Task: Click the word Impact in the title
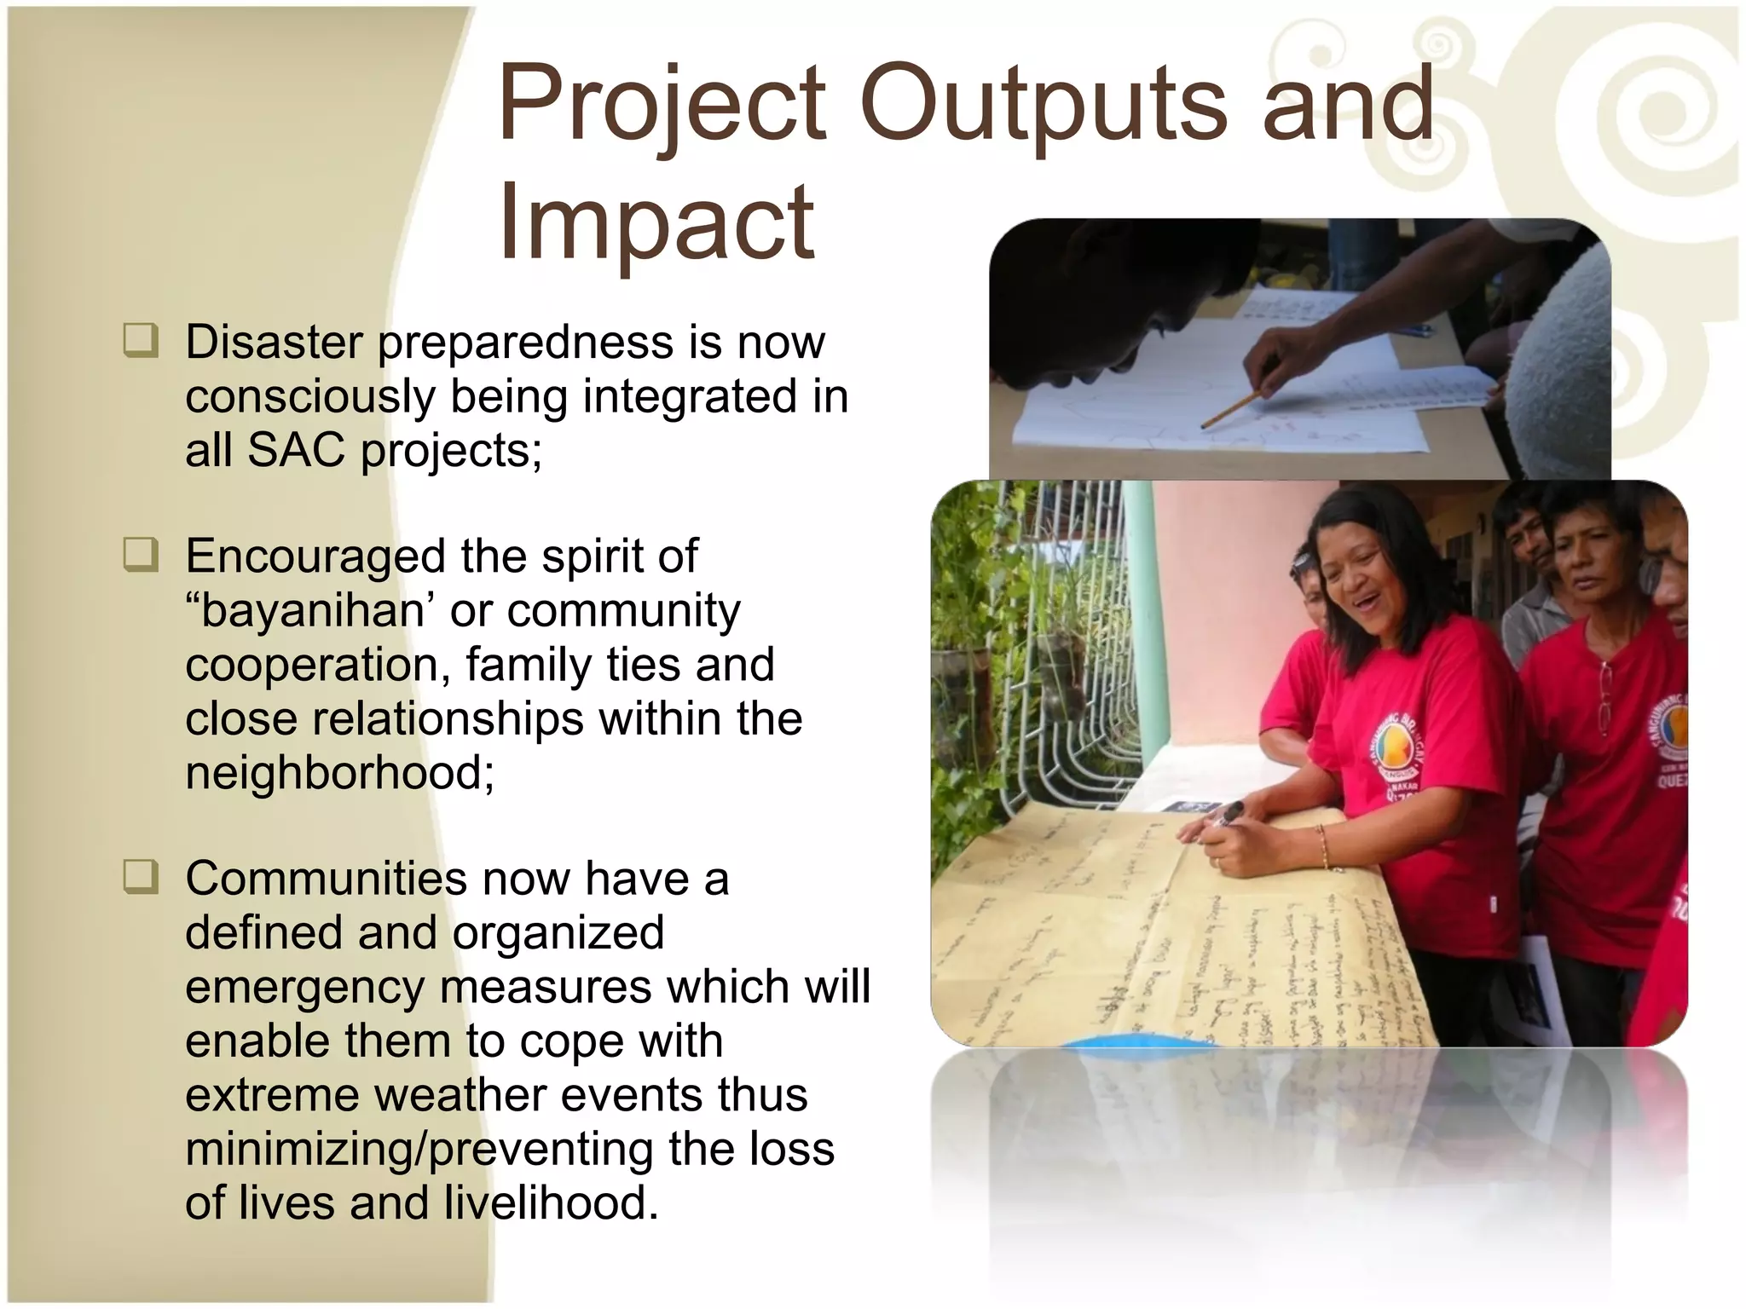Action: coord(656,222)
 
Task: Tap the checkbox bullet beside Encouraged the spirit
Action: coord(141,555)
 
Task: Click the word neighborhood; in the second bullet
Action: coord(340,773)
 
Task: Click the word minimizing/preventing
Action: coord(419,1149)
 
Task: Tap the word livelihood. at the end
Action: coord(551,1203)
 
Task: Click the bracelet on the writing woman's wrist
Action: coord(1323,848)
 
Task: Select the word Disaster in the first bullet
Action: coord(274,342)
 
